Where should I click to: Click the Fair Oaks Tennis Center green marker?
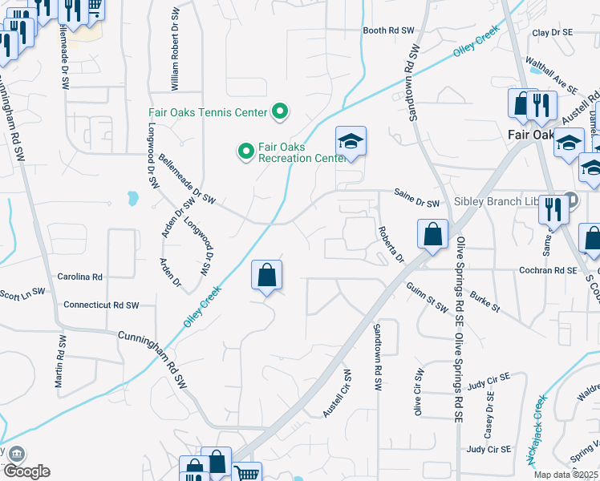click(x=280, y=112)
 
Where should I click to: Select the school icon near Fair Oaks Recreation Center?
click(x=350, y=143)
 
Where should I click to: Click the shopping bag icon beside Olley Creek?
click(x=267, y=277)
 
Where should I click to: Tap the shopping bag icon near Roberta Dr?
click(x=432, y=235)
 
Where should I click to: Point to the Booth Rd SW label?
click(x=388, y=30)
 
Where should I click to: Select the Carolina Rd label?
click(x=80, y=277)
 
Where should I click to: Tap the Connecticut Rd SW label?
click(x=101, y=305)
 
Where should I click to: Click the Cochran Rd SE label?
click(x=548, y=271)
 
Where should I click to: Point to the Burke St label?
click(x=484, y=301)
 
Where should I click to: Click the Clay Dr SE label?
click(x=553, y=32)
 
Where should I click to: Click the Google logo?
click(x=26, y=471)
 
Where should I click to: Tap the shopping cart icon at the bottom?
click(x=248, y=473)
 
